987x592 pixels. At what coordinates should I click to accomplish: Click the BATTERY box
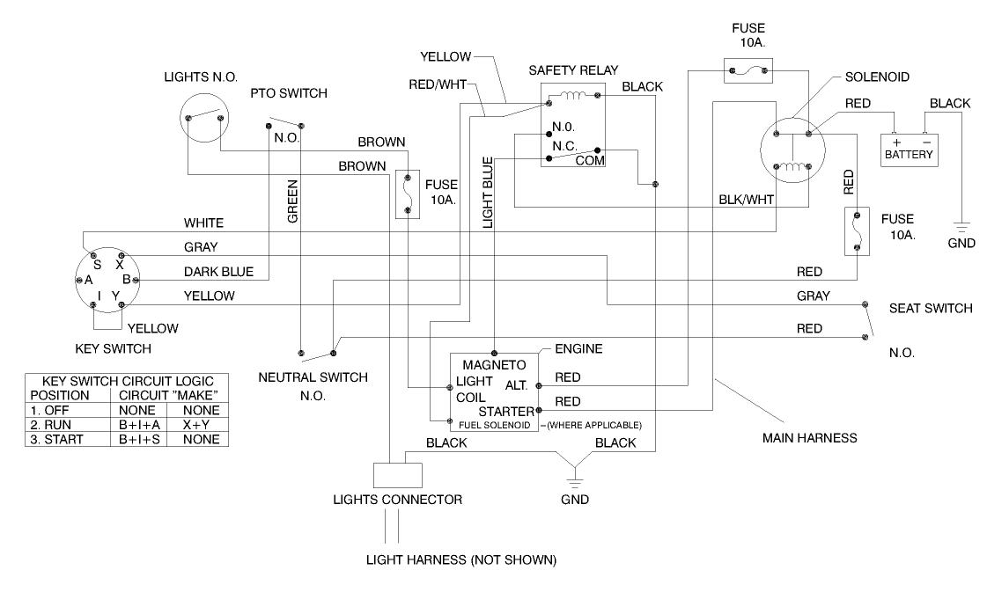[x=910, y=150]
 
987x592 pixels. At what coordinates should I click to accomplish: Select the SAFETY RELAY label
[x=573, y=69]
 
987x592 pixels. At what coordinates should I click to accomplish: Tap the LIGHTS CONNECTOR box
[x=397, y=476]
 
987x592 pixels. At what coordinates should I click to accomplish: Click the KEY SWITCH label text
[x=113, y=348]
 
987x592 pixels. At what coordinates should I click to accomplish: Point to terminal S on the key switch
[x=98, y=264]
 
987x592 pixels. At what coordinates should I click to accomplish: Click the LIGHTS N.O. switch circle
[x=204, y=116]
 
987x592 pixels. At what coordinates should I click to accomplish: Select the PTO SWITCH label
[x=289, y=93]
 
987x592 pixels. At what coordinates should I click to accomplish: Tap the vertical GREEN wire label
[x=293, y=202]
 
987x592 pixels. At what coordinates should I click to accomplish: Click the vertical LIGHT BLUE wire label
[x=487, y=194]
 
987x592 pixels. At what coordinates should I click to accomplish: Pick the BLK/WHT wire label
[x=746, y=200]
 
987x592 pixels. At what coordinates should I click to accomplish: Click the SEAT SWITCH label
[x=930, y=308]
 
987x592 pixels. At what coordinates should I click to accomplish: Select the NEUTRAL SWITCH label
[x=313, y=377]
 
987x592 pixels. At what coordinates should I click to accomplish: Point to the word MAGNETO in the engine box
[x=494, y=364]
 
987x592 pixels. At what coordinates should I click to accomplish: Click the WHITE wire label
[x=203, y=223]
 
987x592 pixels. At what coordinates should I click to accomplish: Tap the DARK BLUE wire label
[x=218, y=272]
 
